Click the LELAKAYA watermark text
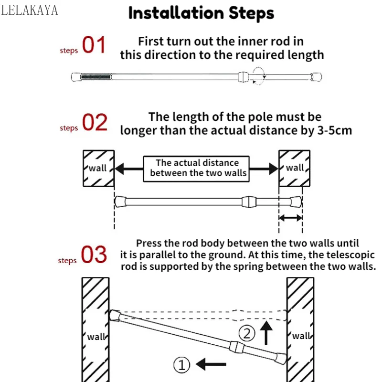tap(30, 10)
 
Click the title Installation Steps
tap(201, 13)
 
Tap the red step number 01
tap(94, 44)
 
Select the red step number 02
tap(95, 122)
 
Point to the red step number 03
tap(94, 255)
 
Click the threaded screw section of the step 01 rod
tap(96, 77)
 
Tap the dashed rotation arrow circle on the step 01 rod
tap(259, 76)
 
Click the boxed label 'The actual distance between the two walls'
tap(196, 169)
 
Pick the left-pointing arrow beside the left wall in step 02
tap(129, 169)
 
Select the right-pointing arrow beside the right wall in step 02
tap(264, 169)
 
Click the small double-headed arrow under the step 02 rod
tap(291, 218)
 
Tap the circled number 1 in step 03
tap(181, 365)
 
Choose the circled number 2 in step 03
tap(247, 333)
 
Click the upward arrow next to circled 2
tap(266, 333)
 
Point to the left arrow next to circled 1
tap(211, 364)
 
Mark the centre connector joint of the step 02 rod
tap(249, 202)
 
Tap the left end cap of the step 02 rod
tap(120, 202)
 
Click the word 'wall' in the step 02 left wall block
tap(97, 168)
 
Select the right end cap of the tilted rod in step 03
tap(281, 359)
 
